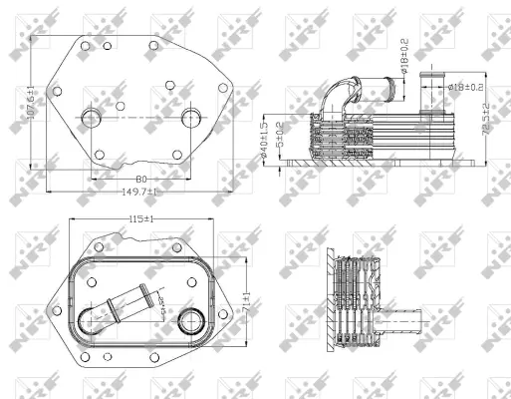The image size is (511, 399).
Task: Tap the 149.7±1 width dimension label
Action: pyautogui.click(x=140, y=191)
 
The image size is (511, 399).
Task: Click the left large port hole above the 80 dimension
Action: pyautogui.click(x=92, y=119)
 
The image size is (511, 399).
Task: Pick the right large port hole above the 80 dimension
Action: pyautogui.click(x=191, y=119)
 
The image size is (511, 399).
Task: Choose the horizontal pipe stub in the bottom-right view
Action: pyautogui.click(x=407, y=323)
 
